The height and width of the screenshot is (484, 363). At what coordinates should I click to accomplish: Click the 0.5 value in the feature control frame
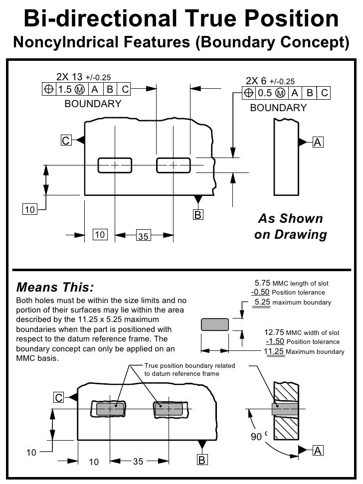265,93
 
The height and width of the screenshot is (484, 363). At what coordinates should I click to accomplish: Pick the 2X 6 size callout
257,81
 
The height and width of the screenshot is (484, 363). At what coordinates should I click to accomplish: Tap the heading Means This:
54,288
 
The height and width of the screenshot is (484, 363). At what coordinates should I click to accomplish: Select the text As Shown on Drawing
290,227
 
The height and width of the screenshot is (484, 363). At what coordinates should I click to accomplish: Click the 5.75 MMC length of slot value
262,284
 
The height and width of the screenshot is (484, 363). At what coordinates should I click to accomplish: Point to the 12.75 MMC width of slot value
274,332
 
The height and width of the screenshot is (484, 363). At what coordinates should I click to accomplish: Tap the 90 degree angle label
256,437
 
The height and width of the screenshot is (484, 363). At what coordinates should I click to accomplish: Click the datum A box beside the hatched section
317,451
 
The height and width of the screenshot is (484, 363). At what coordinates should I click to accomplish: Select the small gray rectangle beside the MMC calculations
214,324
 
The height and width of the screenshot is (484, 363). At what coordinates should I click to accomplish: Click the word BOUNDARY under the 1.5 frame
93,104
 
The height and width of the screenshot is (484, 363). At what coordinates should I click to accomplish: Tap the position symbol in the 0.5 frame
248,93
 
